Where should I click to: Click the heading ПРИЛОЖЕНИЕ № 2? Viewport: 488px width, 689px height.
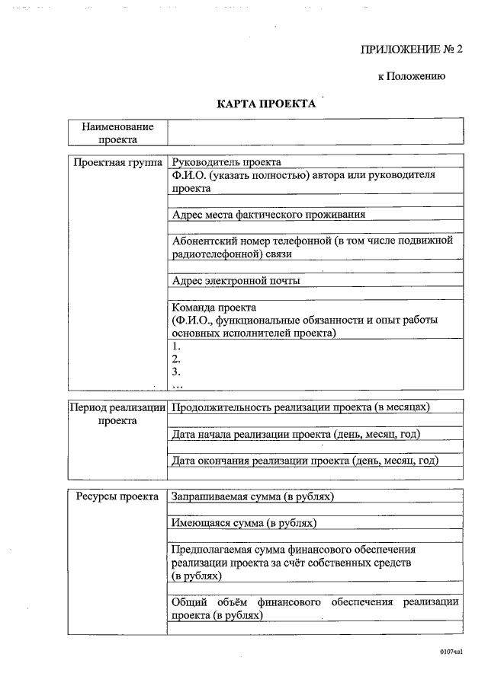pyautogui.click(x=411, y=49)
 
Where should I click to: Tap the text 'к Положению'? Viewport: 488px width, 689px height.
pyautogui.click(x=412, y=76)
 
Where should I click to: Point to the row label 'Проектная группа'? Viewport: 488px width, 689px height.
pyautogui.click(x=117, y=162)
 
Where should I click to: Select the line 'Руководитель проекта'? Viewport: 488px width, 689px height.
pyautogui.click(x=226, y=162)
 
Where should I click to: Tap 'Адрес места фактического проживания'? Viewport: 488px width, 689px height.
pyautogui.click(x=268, y=215)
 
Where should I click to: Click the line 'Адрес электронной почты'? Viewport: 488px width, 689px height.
pyautogui.click(x=236, y=280)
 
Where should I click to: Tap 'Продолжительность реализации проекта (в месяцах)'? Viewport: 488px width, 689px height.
pyautogui.click(x=301, y=407)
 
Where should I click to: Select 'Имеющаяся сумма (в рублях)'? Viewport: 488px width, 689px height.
pyautogui.click(x=244, y=523)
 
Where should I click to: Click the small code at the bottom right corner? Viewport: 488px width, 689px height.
pyautogui.click(x=451, y=652)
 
